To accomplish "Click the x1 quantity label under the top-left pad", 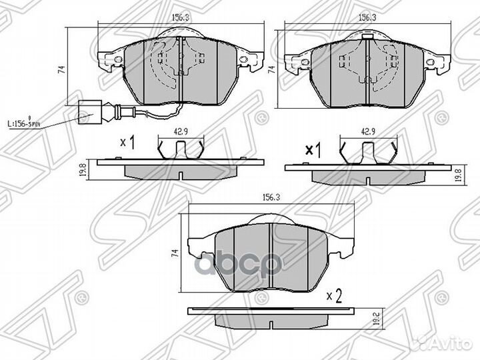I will pos(127,143).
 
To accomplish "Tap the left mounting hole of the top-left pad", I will pos(117,60).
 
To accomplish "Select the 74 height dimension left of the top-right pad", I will pos(271,69).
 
